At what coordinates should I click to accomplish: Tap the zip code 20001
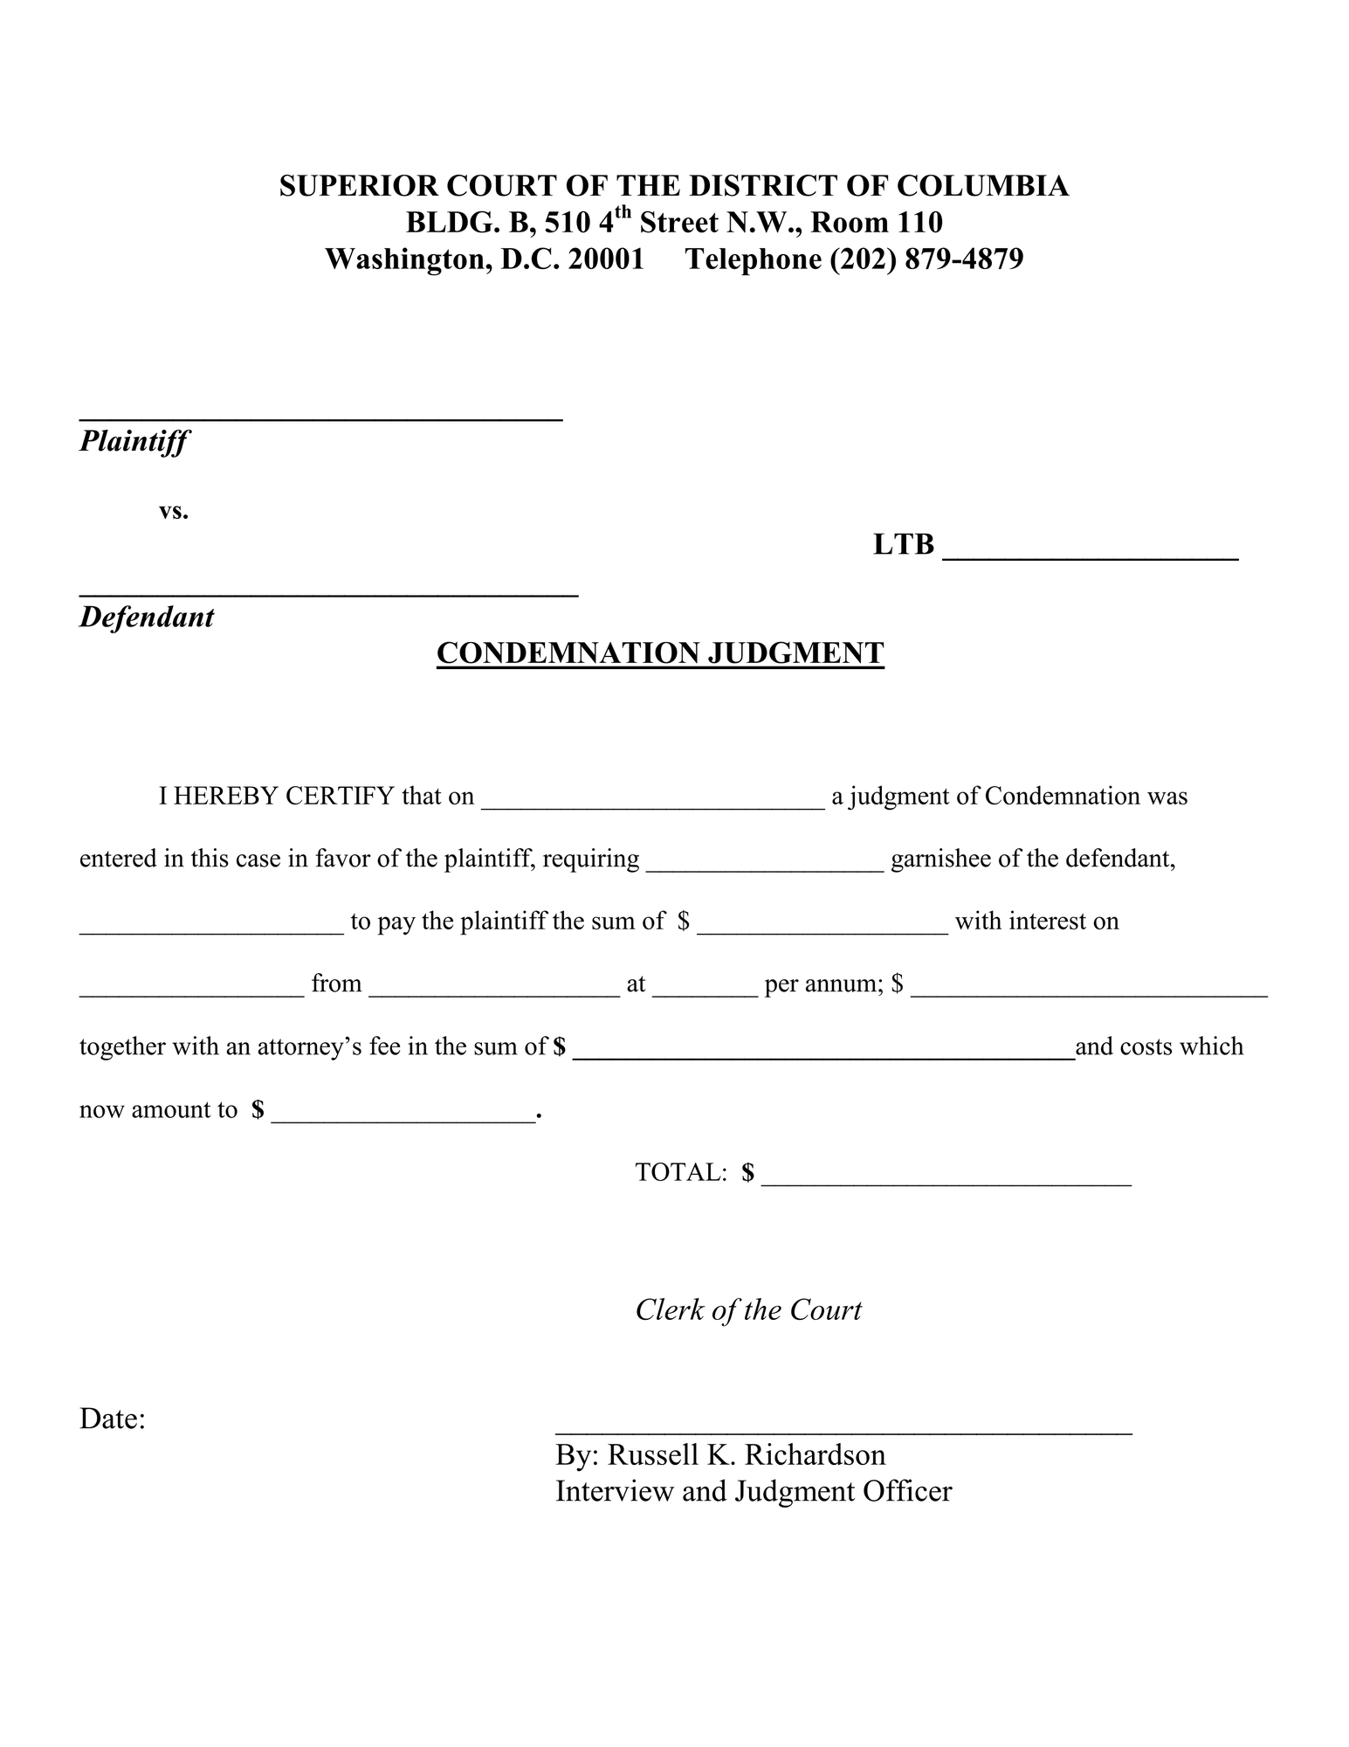(606, 259)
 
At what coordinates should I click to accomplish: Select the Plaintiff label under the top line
(134, 441)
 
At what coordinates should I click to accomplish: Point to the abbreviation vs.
(174, 511)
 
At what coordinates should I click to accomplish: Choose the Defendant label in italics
(147, 618)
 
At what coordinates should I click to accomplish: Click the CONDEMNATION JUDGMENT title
(660, 653)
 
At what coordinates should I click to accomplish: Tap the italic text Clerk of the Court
(748, 1310)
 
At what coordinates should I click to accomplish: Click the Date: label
(113, 1419)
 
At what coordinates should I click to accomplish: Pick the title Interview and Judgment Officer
(754, 1491)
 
